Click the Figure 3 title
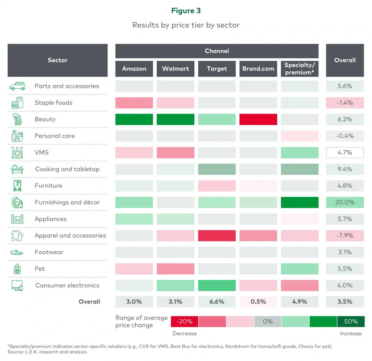[x=186, y=11]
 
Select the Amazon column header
[x=134, y=69]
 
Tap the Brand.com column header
[x=258, y=69]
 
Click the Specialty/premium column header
[x=299, y=69]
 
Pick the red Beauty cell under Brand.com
[x=258, y=119]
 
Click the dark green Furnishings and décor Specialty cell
[x=299, y=202]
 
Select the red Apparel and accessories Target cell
[x=217, y=236]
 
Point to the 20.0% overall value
[x=345, y=202]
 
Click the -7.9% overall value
[x=345, y=236]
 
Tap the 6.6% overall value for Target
[x=217, y=302]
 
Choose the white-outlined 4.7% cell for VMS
[x=345, y=153]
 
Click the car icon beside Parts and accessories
[x=17, y=86]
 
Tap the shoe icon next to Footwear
[x=17, y=252]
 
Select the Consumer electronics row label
[x=67, y=285]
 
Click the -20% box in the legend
[x=184, y=321]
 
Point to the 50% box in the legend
[x=351, y=321]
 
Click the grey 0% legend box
[x=268, y=321]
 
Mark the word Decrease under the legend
[x=185, y=333]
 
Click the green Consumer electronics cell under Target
[x=217, y=285]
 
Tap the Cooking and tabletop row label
[x=67, y=169]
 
